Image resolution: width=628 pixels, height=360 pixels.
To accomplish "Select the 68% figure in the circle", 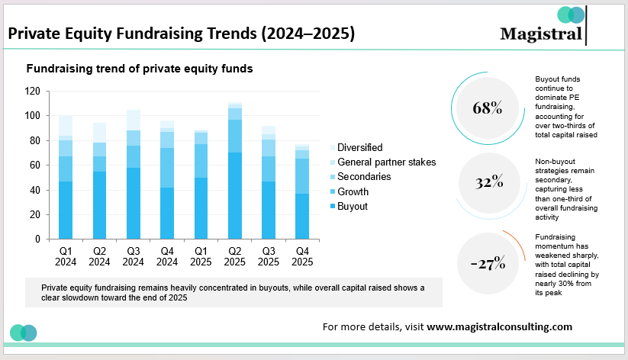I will pyautogui.click(x=488, y=108).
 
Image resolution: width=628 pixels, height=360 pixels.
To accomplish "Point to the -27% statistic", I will pyautogui.click(x=488, y=263).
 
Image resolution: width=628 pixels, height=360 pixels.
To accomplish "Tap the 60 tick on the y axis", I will pyautogui.click(x=34, y=165).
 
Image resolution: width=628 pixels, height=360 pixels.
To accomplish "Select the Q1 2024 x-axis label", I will pyautogui.click(x=65, y=256).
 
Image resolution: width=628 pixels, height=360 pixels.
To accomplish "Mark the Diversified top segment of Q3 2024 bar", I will pyautogui.click(x=133, y=120).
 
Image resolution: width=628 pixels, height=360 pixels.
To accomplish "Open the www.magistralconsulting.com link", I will pyautogui.click(x=499, y=326).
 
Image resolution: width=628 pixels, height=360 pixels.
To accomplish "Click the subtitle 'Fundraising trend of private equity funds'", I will pyautogui.click(x=140, y=69).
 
